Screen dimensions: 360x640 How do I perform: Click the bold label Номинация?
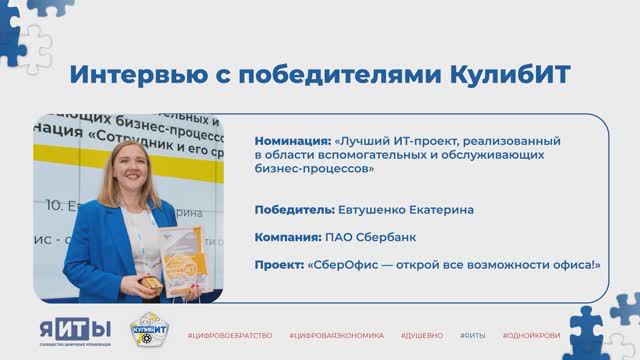coord(293,140)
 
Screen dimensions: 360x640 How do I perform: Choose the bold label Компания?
coord(289,237)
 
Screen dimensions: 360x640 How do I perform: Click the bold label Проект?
coord(281,264)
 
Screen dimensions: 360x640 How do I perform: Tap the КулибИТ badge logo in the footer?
coord(150,331)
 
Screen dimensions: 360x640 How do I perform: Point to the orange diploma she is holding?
coord(187,256)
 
